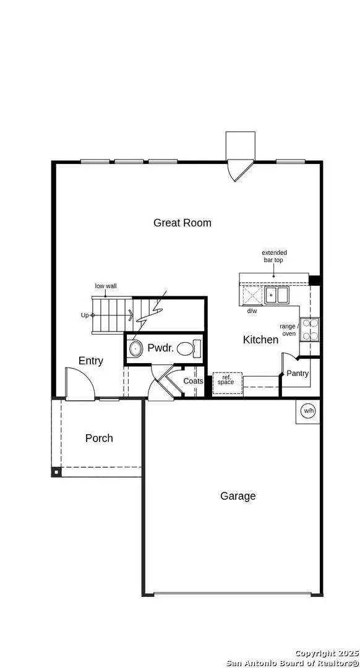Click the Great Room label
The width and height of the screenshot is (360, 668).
pos(182,223)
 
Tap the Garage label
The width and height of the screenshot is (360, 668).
pos(238,496)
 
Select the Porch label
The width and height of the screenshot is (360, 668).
pos(99,438)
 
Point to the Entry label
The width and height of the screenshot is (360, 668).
pos(91,361)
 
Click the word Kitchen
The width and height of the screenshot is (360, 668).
pos(260,340)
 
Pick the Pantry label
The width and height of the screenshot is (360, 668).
pos(298,374)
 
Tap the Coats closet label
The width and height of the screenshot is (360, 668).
pos(193,381)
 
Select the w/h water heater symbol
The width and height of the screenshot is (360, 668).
pos(308,411)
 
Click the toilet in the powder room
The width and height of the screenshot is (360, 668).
pos(187,348)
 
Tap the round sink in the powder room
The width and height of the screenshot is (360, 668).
pos(135,349)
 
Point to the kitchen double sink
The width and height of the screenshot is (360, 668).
pos(277,295)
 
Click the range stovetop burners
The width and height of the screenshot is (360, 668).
pos(311,329)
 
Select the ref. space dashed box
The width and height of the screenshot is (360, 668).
pos(226,382)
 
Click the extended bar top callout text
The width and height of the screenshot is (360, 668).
pos(274,257)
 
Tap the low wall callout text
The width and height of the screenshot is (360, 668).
pos(106,286)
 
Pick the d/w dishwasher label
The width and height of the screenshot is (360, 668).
pos(252,310)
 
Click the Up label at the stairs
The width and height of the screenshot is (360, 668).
pos(85,315)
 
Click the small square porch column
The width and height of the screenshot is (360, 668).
pos(56,473)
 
